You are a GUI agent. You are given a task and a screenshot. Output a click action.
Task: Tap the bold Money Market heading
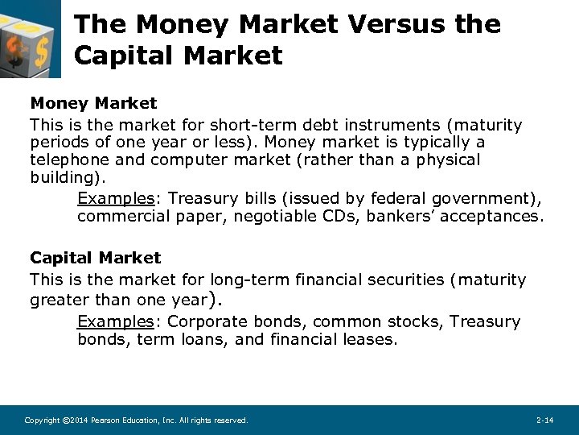[93, 103]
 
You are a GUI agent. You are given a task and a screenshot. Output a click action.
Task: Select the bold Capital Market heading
[95, 258]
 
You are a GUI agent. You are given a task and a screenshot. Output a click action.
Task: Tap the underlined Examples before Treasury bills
[113, 198]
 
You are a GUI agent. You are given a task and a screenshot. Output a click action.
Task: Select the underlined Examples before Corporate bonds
[113, 321]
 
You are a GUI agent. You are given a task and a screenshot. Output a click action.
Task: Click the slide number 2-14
[544, 420]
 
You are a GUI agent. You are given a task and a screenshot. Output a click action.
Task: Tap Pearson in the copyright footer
[108, 420]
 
